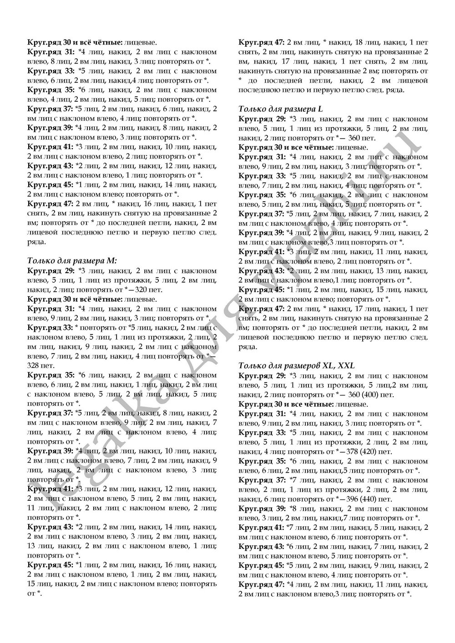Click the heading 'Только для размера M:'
pyautogui.click(x=72, y=260)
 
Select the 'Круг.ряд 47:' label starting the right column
pyautogui.click(x=261, y=42)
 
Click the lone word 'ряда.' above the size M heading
pyautogui.click(x=36, y=242)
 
